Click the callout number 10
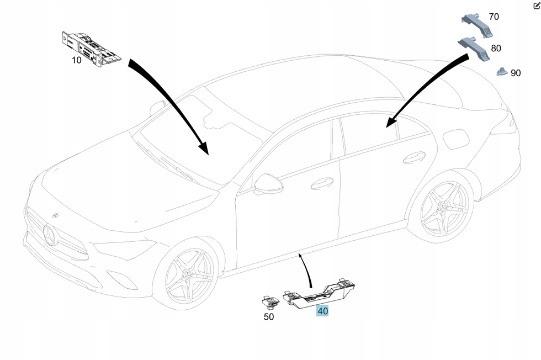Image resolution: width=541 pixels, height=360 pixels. click(x=76, y=60)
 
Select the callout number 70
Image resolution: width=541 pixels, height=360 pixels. click(x=494, y=17)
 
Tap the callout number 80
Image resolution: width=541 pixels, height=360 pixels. click(x=496, y=49)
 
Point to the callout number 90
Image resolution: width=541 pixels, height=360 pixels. click(x=515, y=73)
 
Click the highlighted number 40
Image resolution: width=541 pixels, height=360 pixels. click(x=322, y=311)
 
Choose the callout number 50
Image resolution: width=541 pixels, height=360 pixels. click(x=268, y=317)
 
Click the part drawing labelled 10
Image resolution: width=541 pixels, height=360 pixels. click(x=91, y=49)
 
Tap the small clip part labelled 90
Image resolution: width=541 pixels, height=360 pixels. click(x=501, y=71)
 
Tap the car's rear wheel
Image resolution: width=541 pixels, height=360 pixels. click(x=444, y=209)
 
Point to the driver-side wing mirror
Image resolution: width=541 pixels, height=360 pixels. click(x=269, y=184)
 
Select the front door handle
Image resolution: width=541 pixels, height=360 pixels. click(x=322, y=183)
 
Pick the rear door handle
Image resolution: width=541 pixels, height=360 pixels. click(x=414, y=158)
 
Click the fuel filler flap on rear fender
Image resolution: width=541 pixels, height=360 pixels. click(x=456, y=139)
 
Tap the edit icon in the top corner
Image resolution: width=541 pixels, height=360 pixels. click(x=536, y=6)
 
